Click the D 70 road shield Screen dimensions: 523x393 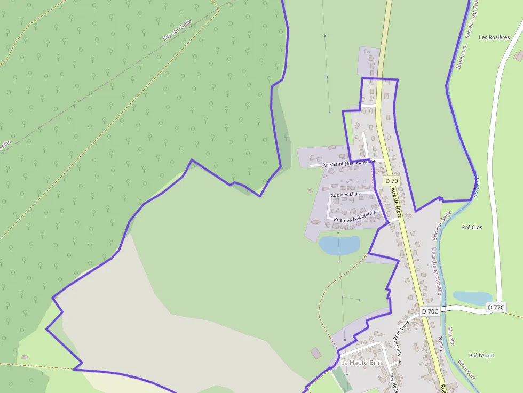391,181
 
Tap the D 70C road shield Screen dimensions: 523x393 430,311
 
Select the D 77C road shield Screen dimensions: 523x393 496,307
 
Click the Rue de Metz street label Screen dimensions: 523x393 395,202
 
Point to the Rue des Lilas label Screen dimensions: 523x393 345,194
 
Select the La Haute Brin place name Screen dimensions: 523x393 361,363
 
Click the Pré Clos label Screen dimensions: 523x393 472,227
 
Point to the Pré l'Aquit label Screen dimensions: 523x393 481,355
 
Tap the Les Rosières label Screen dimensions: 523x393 494,37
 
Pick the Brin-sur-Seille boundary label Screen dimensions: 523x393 442,224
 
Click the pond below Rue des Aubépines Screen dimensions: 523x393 339,245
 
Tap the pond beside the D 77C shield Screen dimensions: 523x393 472,298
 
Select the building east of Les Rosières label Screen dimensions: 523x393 518,55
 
